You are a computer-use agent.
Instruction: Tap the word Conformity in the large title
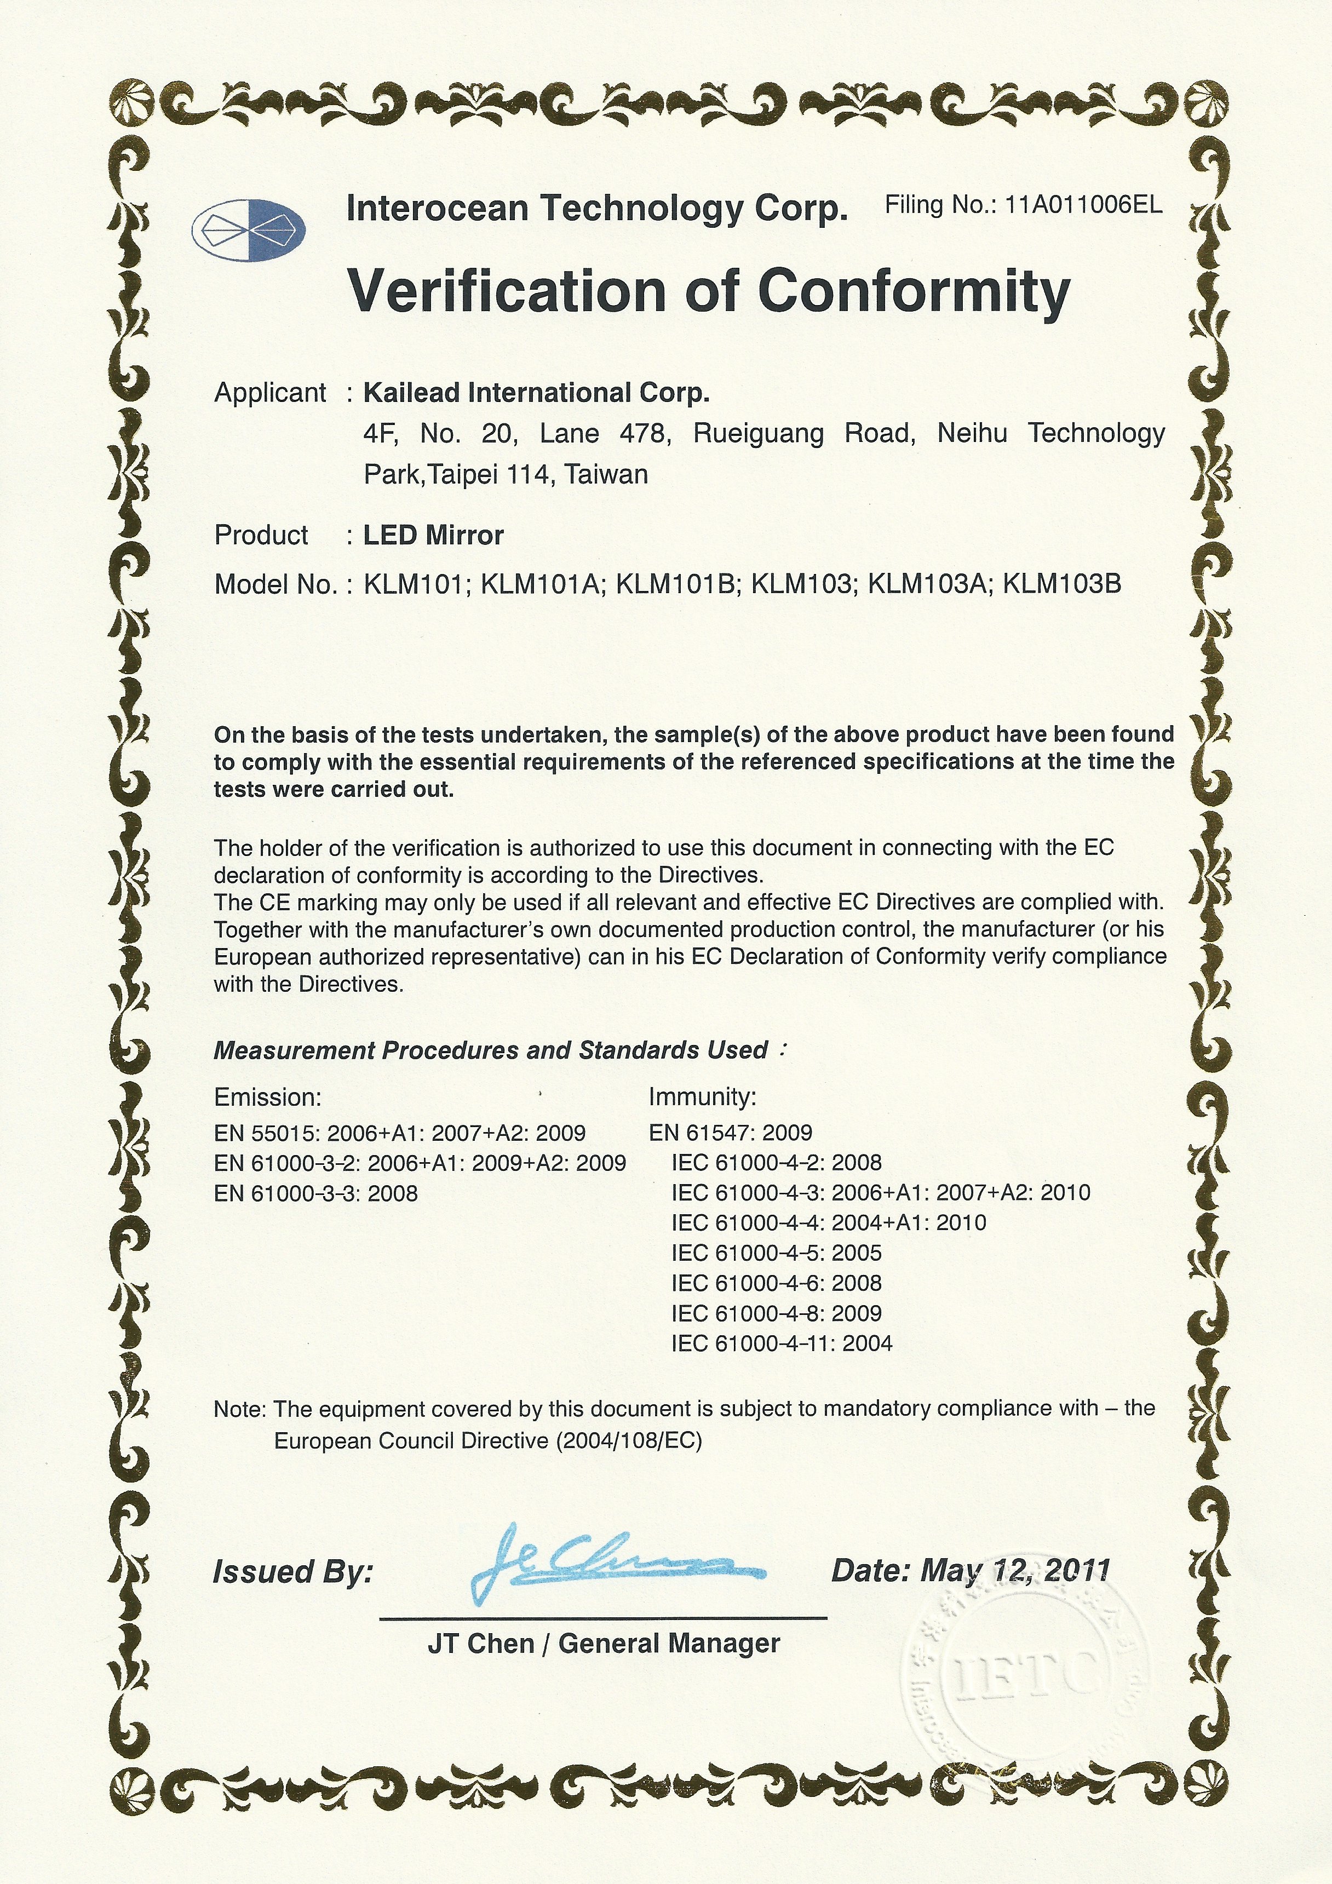914,291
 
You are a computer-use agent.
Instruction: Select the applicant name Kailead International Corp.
536,393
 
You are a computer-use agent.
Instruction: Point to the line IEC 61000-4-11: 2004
782,1343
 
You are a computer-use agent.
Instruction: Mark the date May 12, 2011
1015,1571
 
